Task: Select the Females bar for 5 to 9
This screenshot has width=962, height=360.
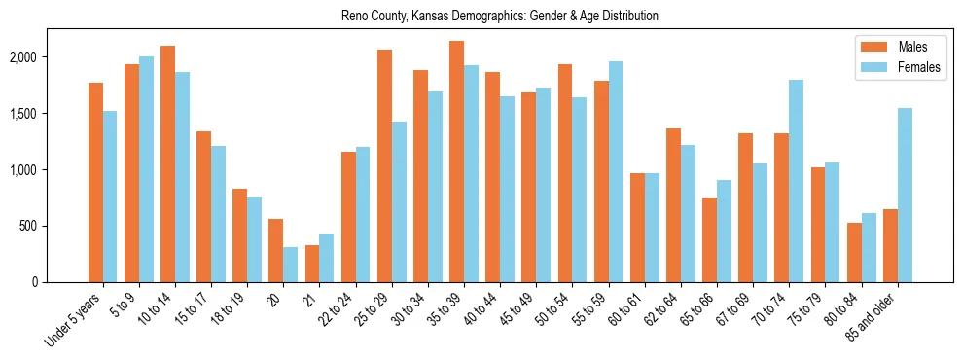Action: (x=146, y=169)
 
